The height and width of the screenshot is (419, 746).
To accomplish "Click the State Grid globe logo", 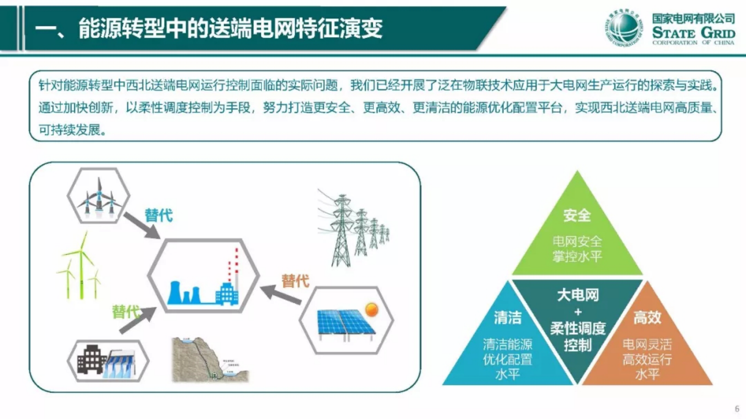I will pos(623,28).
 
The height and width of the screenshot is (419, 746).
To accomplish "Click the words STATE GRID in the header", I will pos(693,33).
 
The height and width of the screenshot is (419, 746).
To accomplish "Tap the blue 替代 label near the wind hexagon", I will pos(158,216).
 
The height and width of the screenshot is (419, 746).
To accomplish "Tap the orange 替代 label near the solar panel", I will pos(295,281).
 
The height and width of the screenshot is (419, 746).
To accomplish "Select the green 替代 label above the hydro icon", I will pos(125,312).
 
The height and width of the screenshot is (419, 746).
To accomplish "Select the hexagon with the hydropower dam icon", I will pos(108,361).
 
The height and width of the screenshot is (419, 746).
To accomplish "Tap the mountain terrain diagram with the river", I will pos(209,359).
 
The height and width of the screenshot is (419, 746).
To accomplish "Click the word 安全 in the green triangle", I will pos(577,216).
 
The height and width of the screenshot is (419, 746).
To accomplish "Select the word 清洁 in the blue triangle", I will pos(508,318).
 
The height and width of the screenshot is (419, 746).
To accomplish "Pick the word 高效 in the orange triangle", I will pos(647,318).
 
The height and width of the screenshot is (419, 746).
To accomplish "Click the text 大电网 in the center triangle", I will pos(578,295).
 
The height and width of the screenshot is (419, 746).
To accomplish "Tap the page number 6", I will pos(737,409).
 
